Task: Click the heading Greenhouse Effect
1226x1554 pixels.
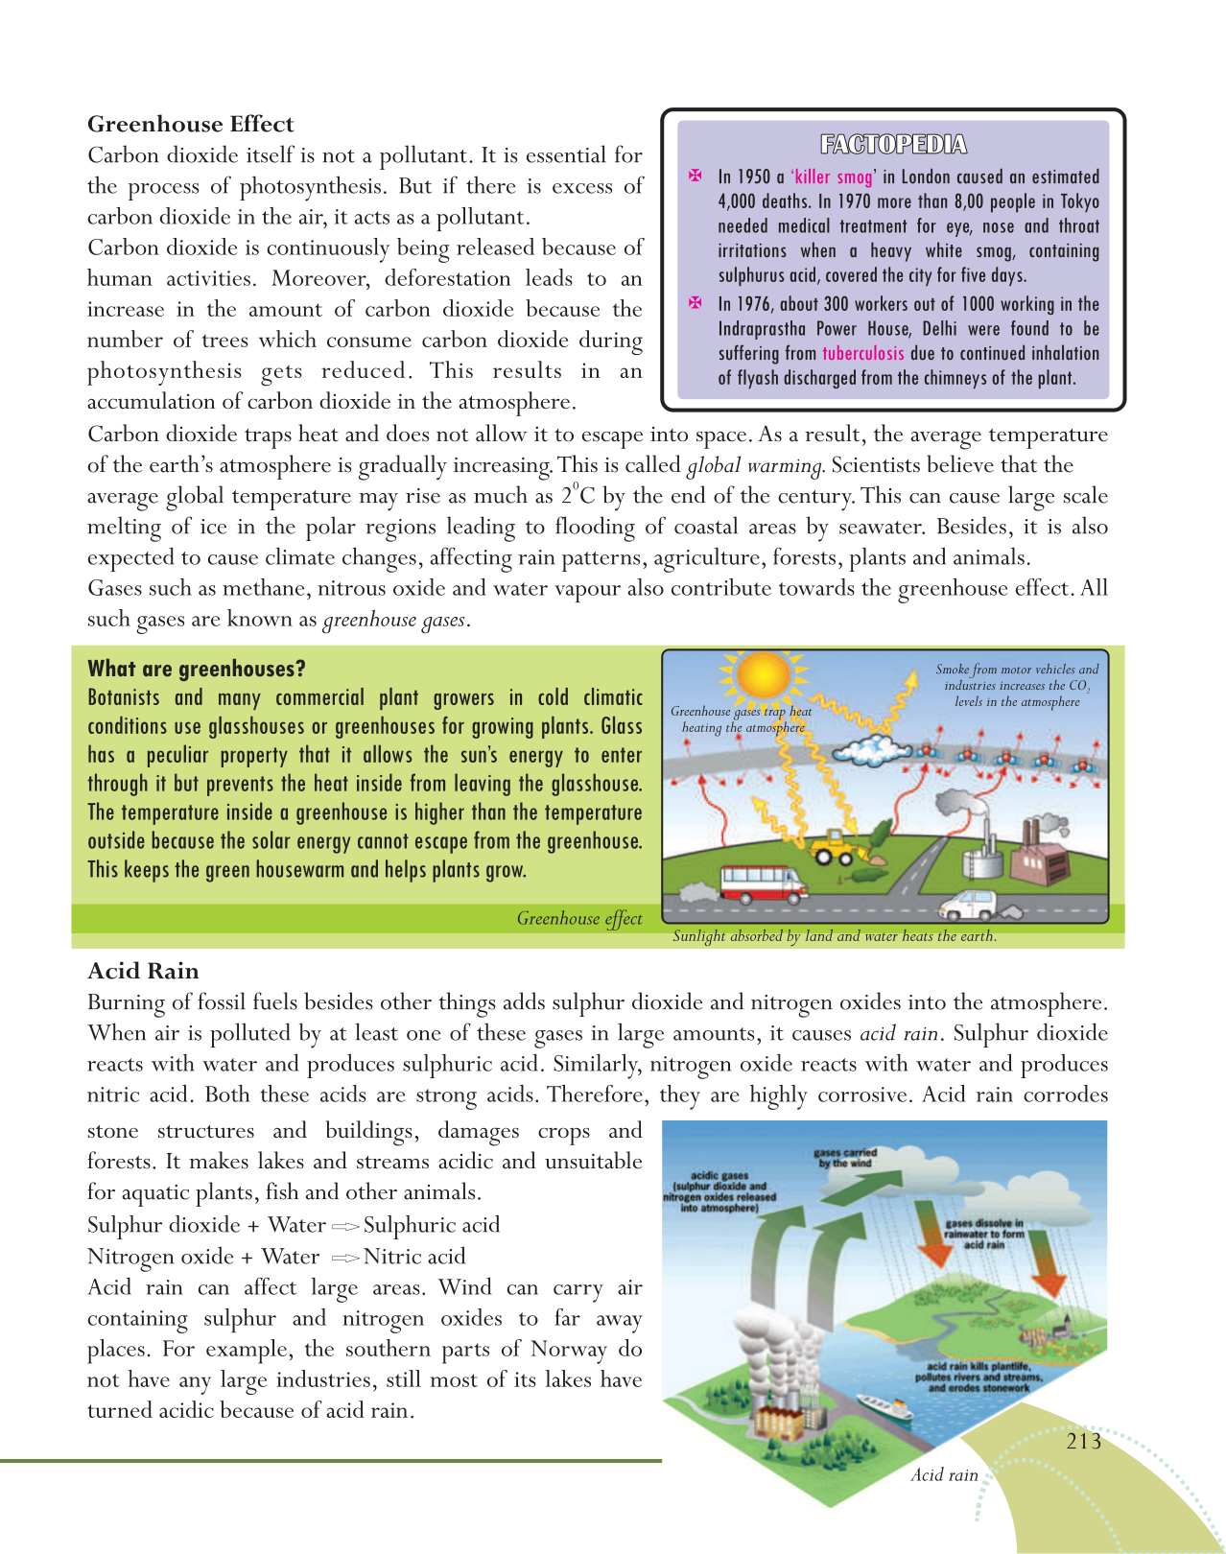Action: click(x=190, y=125)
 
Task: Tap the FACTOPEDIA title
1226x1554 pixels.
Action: click(x=893, y=145)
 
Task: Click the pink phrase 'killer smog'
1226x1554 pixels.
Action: click(x=833, y=177)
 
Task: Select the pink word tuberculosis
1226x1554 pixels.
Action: click(x=862, y=353)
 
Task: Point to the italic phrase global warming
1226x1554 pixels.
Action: click(x=755, y=466)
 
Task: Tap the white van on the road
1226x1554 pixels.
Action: click(x=974, y=904)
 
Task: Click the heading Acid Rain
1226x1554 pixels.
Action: click(x=143, y=971)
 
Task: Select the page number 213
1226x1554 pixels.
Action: click(x=1083, y=1441)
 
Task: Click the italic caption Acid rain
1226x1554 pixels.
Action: click(x=944, y=1475)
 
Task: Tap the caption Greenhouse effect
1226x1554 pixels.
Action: click(x=579, y=919)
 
